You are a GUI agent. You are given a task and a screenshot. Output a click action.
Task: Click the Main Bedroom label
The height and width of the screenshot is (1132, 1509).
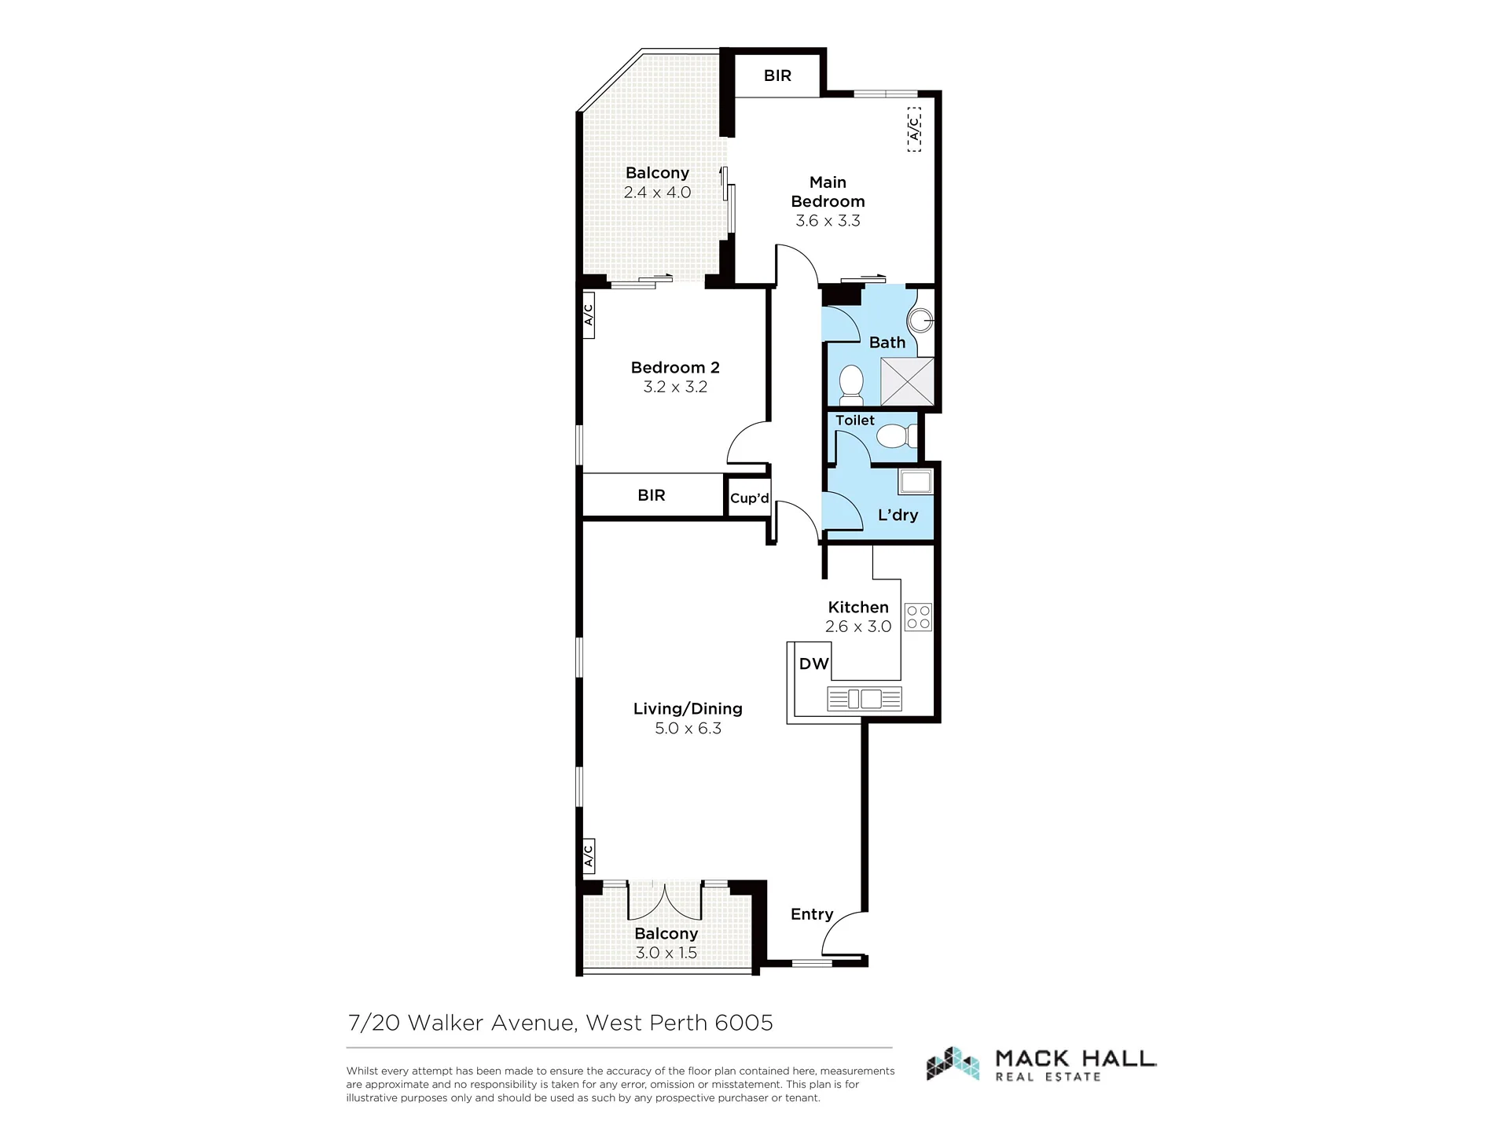(x=828, y=192)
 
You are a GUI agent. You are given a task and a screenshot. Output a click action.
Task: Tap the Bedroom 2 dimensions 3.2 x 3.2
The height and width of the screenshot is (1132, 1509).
(x=675, y=387)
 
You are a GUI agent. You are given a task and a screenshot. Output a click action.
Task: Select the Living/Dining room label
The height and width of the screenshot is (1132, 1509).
(x=688, y=708)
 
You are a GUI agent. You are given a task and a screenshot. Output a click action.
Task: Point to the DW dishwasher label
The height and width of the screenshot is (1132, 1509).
(x=814, y=663)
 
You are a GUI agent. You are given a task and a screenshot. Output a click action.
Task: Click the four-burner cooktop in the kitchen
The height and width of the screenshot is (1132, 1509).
(x=918, y=617)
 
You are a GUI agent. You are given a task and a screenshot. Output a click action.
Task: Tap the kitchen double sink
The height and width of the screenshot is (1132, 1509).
(x=864, y=698)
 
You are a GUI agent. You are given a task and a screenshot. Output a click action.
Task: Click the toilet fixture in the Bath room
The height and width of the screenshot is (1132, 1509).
(x=851, y=383)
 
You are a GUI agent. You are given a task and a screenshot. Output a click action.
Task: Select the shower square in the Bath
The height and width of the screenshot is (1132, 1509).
(x=907, y=381)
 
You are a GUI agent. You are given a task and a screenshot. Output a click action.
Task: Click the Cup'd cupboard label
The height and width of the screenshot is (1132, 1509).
(x=750, y=498)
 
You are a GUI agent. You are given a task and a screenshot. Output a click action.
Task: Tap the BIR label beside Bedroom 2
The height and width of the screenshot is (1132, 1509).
(x=652, y=495)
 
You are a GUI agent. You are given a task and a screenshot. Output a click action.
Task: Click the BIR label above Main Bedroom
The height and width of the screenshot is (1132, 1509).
(x=777, y=75)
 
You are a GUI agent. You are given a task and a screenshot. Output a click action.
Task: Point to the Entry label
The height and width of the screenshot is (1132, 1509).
(x=812, y=914)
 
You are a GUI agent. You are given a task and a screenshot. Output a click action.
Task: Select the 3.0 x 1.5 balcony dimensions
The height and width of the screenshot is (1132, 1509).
(x=666, y=953)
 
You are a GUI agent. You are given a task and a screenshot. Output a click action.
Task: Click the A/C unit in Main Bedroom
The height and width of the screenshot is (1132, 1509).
(x=914, y=129)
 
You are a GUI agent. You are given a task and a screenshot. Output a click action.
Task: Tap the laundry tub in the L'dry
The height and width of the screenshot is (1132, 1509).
(x=915, y=481)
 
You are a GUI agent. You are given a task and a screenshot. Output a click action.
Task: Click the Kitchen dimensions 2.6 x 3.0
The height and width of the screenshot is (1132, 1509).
(x=858, y=627)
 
